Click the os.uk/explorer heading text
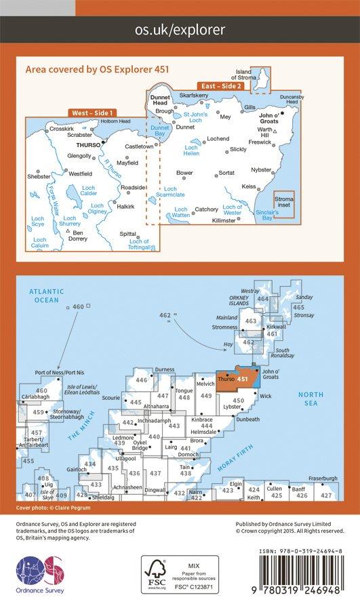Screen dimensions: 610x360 (x=180, y=29)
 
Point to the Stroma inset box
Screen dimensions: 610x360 (x=284, y=201)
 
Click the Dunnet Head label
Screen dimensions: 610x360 (x=159, y=101)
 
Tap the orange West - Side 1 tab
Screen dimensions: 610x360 (x=92, y=113)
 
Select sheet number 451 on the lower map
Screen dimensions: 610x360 (x=242, y=379)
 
